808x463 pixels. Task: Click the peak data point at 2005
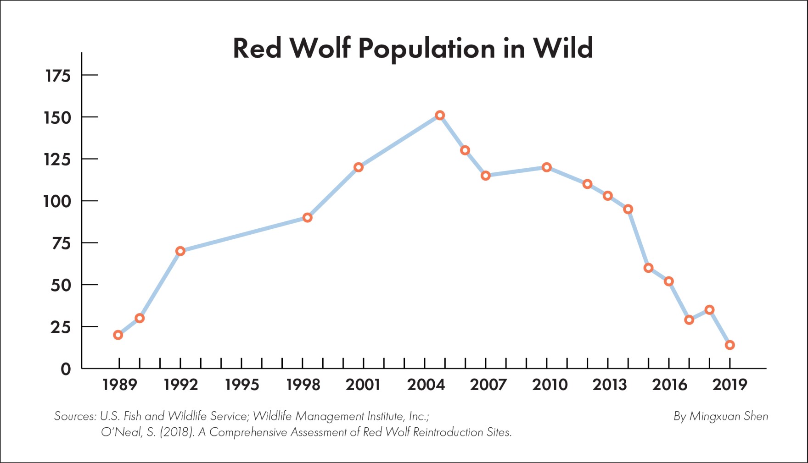point(440,115)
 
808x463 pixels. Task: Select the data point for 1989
point(118,335)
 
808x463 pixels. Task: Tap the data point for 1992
point(180,251)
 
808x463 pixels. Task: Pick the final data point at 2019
point(730,345)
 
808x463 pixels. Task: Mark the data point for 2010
point(547,167)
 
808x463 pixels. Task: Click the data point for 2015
point(648,268)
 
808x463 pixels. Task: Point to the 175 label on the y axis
point(58,76)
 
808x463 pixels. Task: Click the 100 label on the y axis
point(57,201)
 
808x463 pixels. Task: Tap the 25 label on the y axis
point(61,327)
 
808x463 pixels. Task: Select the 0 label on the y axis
point(66,369)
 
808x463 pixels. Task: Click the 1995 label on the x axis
point(242,385)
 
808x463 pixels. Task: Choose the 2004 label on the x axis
point(426,385)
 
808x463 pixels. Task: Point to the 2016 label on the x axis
point(669,385)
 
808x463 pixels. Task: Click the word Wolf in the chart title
point(320,48)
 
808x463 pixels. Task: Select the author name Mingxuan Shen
point(729,416)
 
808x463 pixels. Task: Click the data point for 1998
point(308,218)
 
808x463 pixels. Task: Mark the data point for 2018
point(709,310)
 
